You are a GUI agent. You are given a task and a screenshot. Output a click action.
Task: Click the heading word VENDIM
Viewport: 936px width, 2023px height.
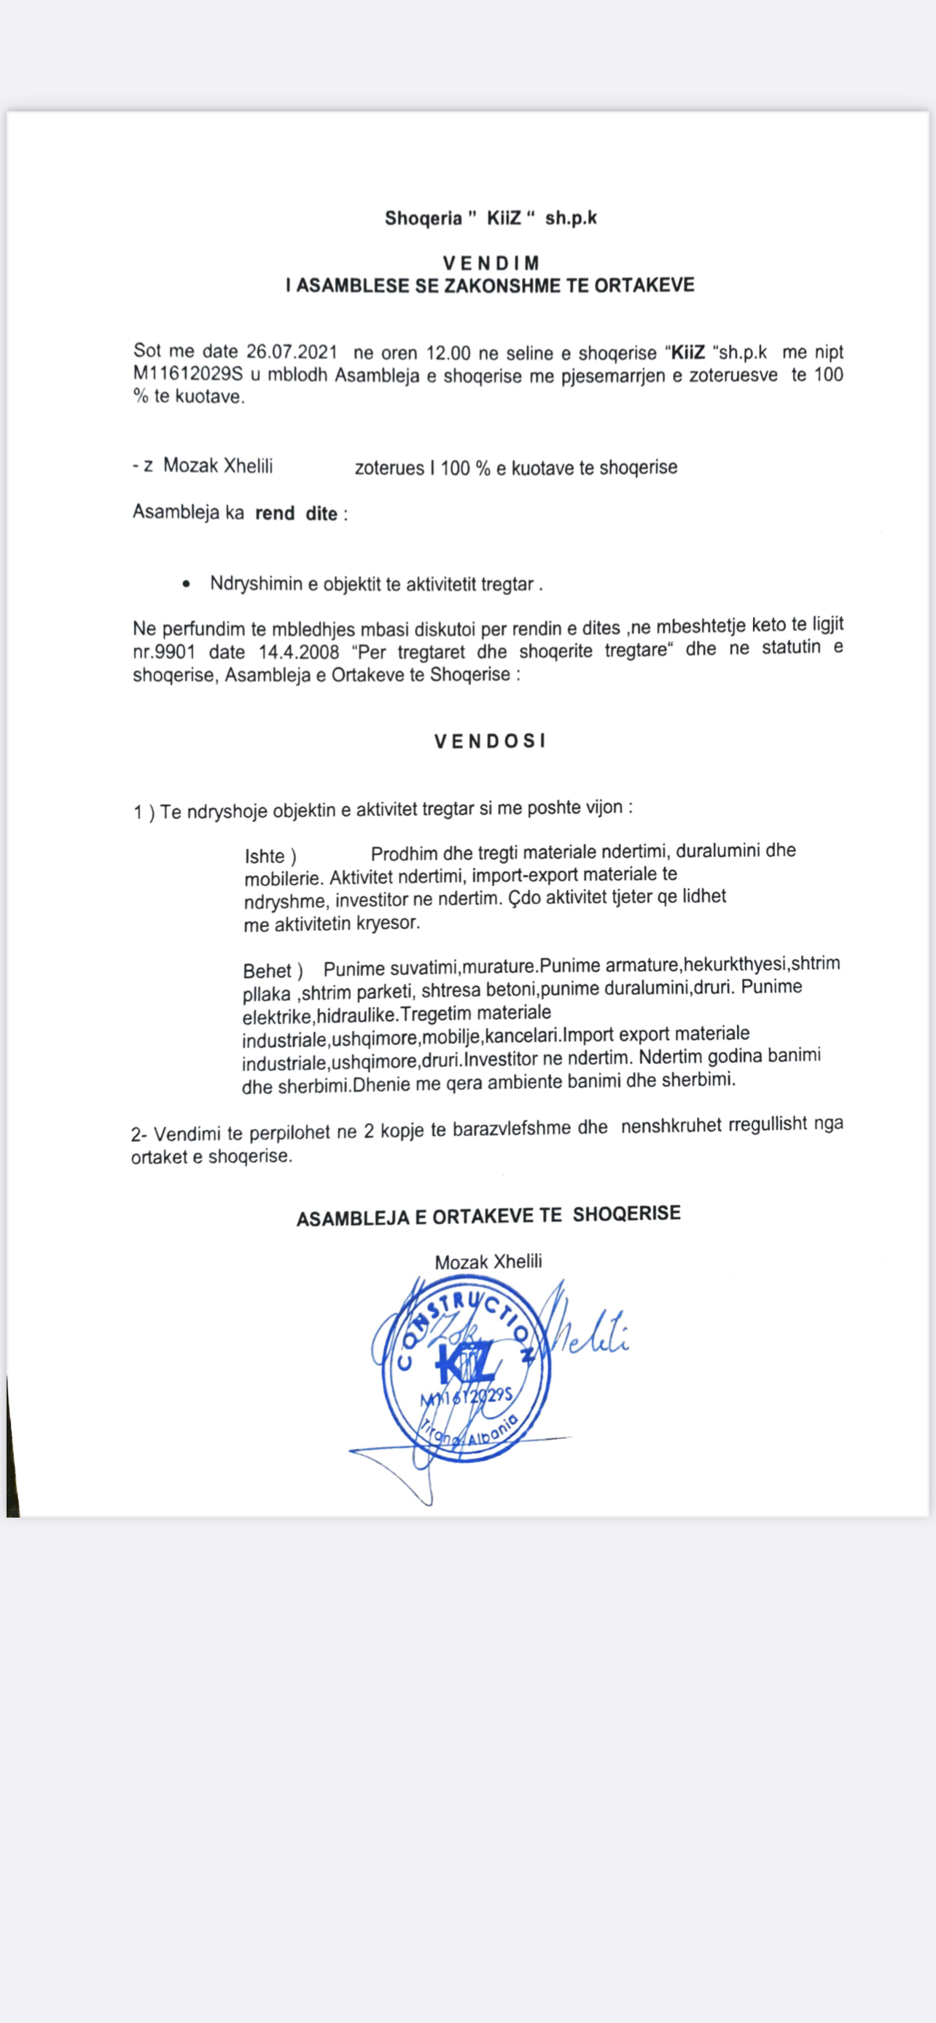(491, 263)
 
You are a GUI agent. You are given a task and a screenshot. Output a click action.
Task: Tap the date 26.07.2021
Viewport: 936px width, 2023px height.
(292, 351)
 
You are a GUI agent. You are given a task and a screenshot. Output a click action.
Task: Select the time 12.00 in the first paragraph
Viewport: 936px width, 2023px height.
(448, 352)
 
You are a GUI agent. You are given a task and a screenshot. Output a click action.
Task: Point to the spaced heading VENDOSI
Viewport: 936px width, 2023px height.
(490, 741)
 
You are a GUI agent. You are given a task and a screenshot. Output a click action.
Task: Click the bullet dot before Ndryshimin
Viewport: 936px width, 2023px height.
(185, 584)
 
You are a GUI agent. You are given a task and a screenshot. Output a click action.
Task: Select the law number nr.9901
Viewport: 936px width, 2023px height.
(163, 652)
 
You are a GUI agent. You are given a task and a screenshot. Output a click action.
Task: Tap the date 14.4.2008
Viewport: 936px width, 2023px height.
(299, 652)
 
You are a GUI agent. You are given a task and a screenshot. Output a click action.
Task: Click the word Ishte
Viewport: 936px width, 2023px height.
(264, 856)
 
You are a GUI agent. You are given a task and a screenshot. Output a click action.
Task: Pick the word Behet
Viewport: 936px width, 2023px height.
(268, 971)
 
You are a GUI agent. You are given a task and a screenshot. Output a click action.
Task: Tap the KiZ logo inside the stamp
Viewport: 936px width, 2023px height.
(466, 1365)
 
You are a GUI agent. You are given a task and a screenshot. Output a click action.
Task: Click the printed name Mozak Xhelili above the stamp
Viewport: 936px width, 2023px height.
(488, 1262)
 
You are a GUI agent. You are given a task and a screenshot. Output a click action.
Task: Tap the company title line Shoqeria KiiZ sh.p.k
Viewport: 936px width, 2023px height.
(491, 218)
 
